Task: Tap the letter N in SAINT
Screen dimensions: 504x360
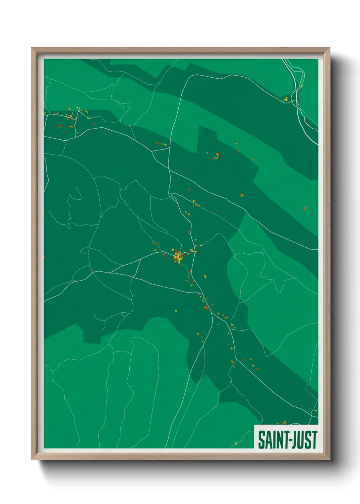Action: tap(278, 440)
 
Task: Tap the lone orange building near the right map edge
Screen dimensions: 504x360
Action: tap(304, 208)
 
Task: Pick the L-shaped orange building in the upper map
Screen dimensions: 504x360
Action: tap(216, 157)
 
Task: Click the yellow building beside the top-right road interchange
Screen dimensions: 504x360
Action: tap(287, 99)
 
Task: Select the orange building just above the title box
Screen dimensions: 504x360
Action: tap(284, 423)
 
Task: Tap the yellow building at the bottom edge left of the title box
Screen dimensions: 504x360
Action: tap(235, 443)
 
